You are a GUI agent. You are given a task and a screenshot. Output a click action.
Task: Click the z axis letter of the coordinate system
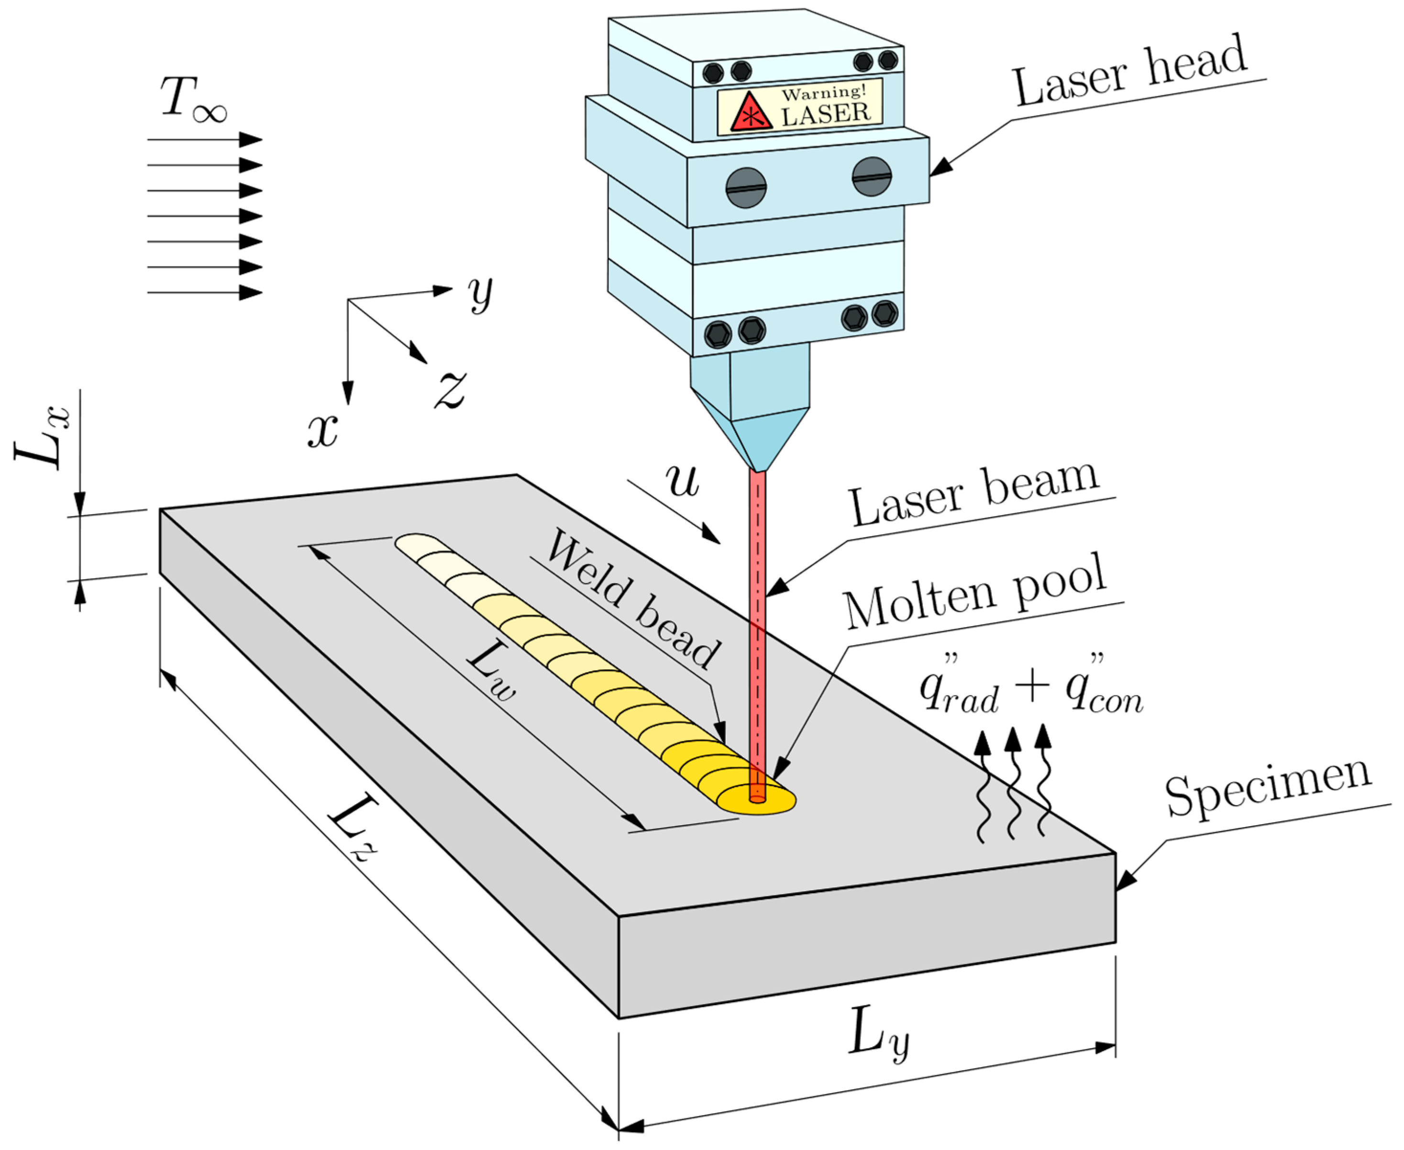point(450,389)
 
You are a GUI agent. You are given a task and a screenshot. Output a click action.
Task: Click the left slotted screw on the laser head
point(746,188)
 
